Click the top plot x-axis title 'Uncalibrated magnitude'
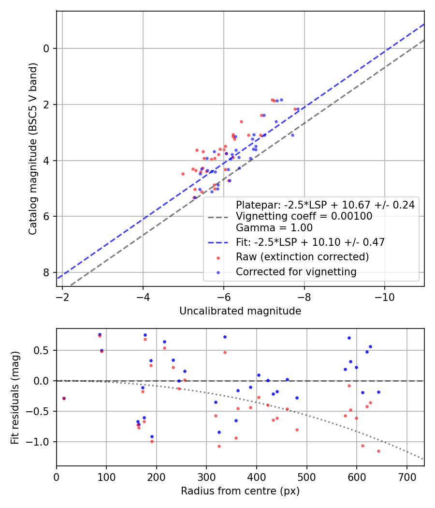[240, 311]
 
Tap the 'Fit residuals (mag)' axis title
[15, 397]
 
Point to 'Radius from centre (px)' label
[240, 491]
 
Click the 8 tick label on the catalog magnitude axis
[46, 272]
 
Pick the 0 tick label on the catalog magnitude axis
[46, 48]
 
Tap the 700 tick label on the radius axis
[406, 478]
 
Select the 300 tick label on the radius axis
[206, 478]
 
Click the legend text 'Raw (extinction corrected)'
[302, 256]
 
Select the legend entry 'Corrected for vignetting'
[296, 272]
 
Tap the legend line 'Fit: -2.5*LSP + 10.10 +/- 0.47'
[310, 242]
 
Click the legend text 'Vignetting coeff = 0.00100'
[304, 216]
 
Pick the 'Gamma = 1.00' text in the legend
[274, 228]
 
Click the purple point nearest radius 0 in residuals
[64, 398]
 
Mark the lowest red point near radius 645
[378, 451]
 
